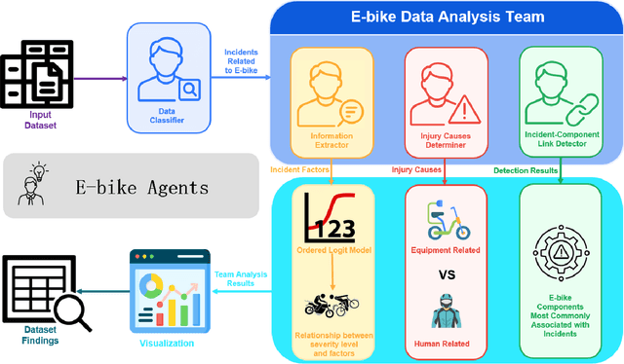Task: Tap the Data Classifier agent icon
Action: coord(168,67)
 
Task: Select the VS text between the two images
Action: coord(447,275)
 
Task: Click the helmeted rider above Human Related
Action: coord(445,313)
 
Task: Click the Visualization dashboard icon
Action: coord(168,292)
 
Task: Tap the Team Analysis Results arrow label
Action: coord(239,278)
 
